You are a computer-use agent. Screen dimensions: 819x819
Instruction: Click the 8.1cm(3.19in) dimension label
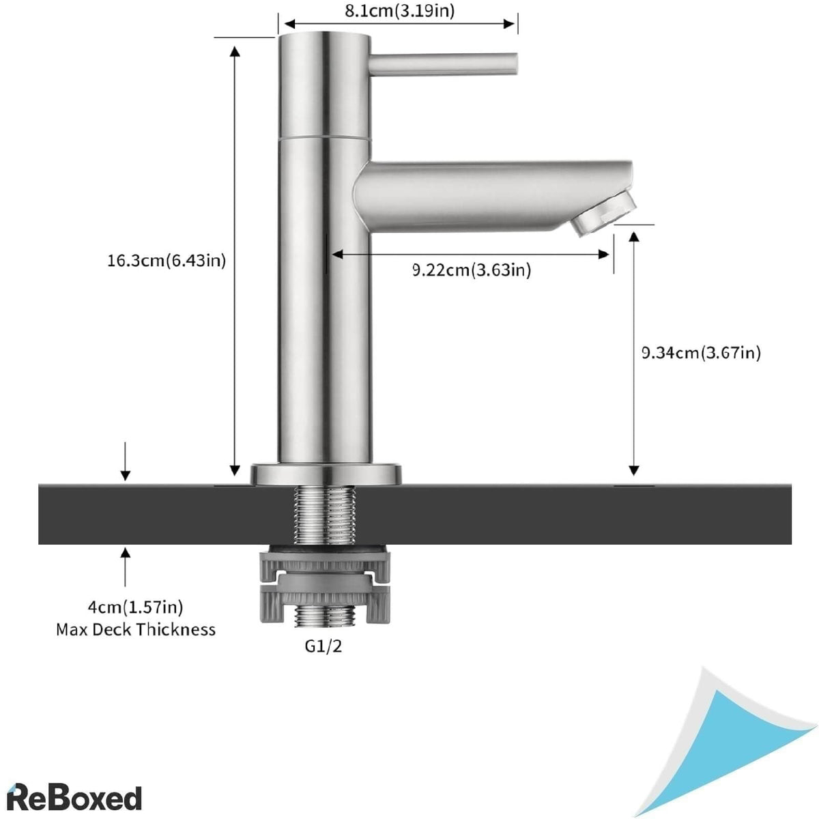399,10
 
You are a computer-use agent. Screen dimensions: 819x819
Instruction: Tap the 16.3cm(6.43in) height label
166,260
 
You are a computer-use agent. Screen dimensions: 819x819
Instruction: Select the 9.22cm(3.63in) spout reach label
471,270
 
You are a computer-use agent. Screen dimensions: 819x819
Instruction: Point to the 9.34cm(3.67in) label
700,352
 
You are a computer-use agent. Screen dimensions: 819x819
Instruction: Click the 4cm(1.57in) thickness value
135,607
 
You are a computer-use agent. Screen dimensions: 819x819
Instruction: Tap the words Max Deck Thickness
135,629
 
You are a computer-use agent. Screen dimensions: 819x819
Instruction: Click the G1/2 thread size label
324,646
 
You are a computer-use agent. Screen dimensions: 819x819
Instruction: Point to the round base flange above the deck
326,474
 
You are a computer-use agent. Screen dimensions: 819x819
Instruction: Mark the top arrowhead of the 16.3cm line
235,49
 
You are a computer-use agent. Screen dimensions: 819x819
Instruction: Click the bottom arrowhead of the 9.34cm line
633,471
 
